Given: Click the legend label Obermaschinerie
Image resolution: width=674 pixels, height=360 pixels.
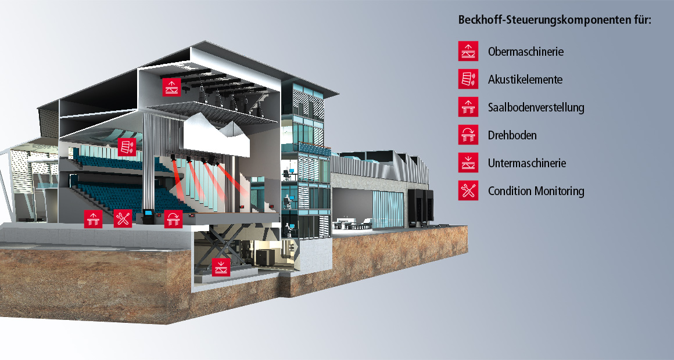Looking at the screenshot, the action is point(526,52).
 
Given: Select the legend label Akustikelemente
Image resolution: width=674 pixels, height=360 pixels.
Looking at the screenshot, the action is point(525,80).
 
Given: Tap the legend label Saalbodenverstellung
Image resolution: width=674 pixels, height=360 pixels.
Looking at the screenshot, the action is point(536,107).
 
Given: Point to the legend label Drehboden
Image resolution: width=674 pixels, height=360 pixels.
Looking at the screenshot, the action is point(512,135).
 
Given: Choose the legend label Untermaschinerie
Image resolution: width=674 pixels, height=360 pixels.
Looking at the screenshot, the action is point(527,163).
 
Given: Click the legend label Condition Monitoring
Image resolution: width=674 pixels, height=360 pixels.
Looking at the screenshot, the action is point(536,191).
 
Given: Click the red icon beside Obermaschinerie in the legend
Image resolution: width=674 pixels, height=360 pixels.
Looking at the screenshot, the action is point(468,51).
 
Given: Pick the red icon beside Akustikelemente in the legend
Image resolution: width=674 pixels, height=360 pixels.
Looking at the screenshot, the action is point(468,79).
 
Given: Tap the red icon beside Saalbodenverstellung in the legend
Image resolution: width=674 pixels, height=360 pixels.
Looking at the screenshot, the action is point(468,107).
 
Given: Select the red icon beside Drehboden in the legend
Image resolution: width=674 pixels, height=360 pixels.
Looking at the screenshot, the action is point(468,135).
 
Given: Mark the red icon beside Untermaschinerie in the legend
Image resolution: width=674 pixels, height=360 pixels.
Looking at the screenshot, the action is point(468,163).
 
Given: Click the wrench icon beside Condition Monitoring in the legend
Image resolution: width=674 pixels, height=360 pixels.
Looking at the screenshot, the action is point(468,190).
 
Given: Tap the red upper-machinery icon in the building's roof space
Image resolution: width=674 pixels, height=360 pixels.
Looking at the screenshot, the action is point(171,87).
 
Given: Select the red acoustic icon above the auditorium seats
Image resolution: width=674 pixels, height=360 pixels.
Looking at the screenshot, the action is point(127,147).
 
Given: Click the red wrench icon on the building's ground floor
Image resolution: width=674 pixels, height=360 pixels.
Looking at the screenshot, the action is point(123,218).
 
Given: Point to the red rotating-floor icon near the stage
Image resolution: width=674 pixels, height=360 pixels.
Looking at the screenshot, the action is point(173,219).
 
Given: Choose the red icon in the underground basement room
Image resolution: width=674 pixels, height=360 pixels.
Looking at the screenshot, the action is point(221,267).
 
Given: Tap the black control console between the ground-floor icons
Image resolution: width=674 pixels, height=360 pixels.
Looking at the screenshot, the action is point(148,216).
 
